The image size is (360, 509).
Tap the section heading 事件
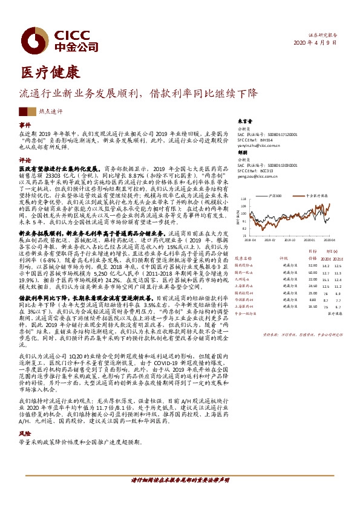click(x=25, y=125)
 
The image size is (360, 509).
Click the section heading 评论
click(x=25, y=160)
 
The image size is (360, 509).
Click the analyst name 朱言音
click(x=243, y=121)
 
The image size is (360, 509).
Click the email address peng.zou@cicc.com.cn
click(x=254, y=177)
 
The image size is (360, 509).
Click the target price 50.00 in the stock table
click(x=312, y=273)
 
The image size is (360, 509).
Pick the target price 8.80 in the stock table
click(x=312, y=300)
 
